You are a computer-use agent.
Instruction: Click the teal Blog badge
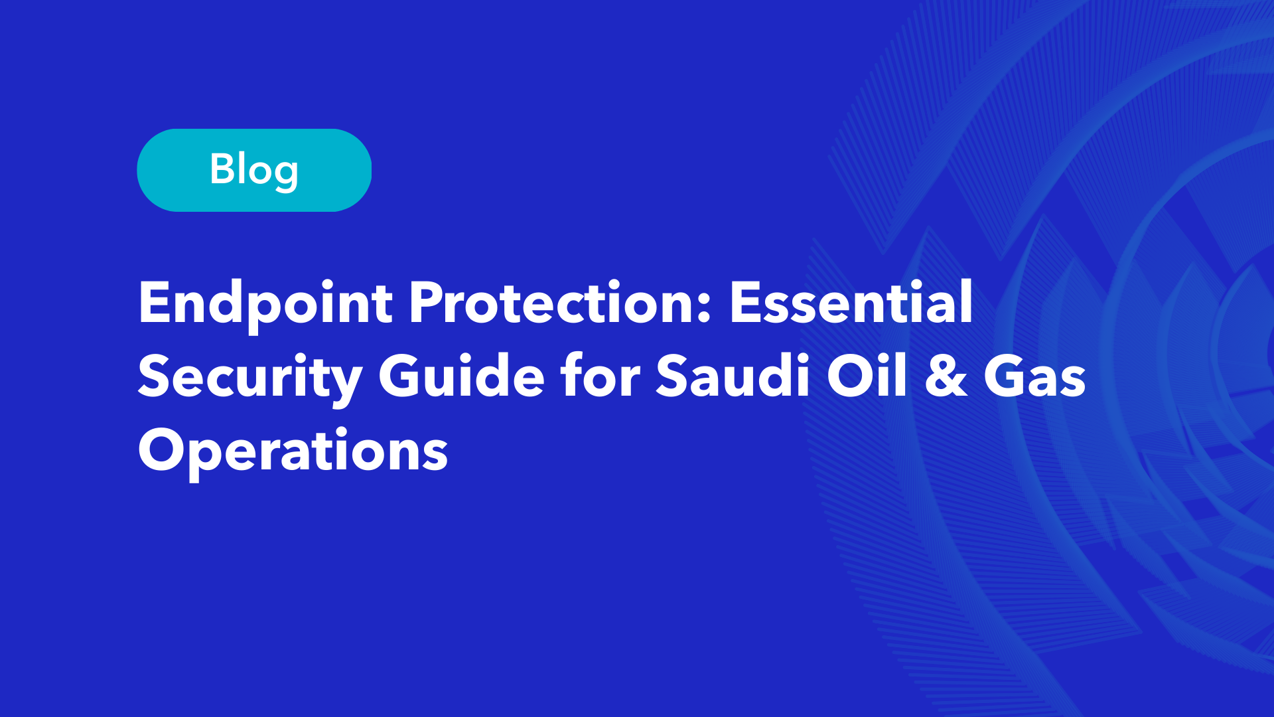[x=254, y=170]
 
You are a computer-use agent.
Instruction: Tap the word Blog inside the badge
[x=254, y=171]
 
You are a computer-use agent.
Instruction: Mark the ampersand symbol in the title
[x=946, y=376]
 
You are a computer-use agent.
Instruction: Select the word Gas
[x=1034, y=376]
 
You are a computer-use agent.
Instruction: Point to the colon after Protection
[x=705, y=309]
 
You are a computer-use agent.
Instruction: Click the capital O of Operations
[x=163, y=449]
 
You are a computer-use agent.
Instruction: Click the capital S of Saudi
[x=673, y=376]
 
